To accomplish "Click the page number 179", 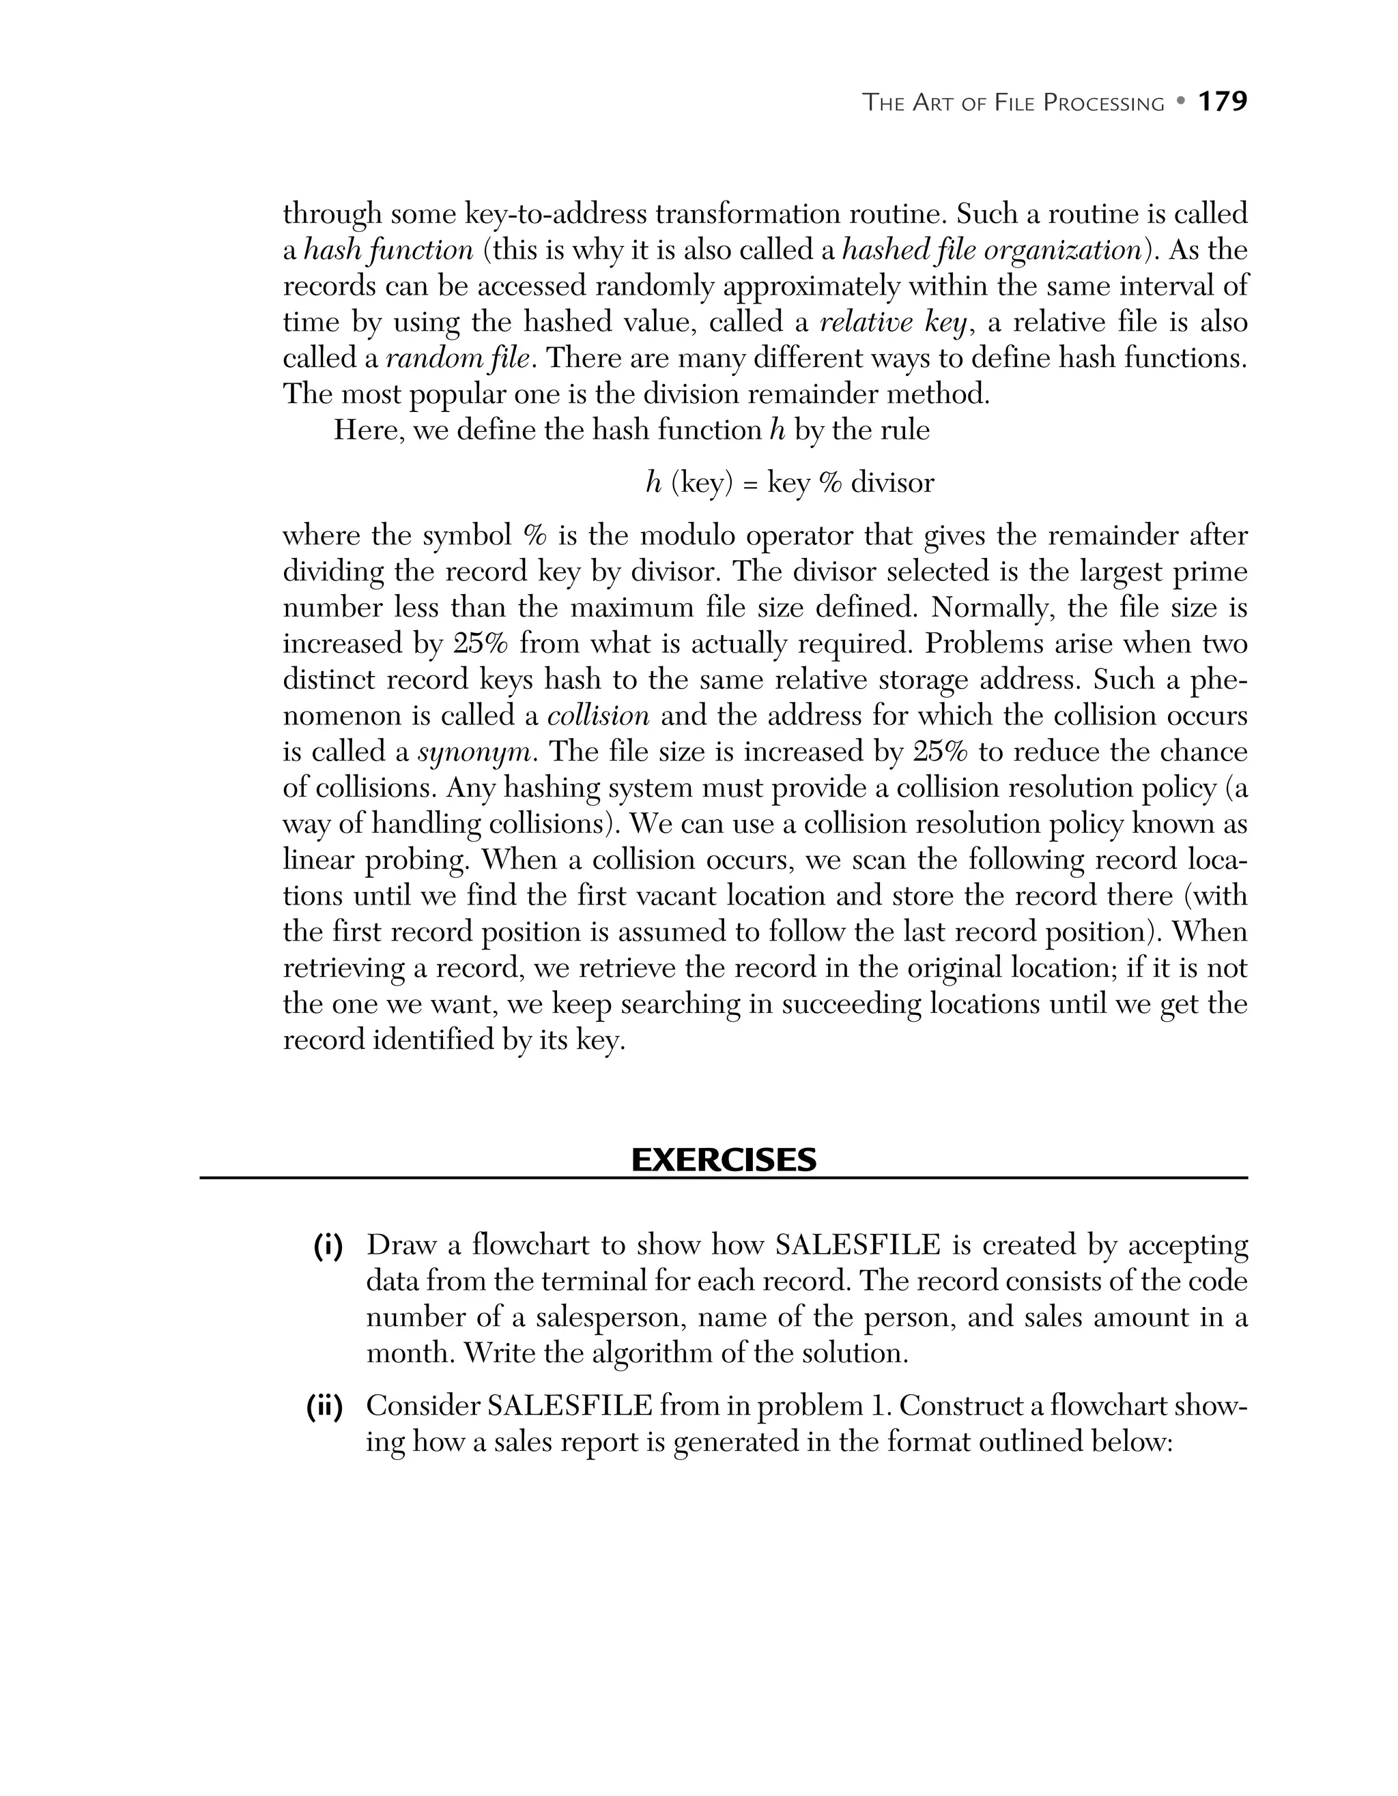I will point(1222,102).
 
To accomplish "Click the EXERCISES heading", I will point(724,1160).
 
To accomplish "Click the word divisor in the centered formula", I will point(892,483).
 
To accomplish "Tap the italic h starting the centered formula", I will point(653,483).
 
